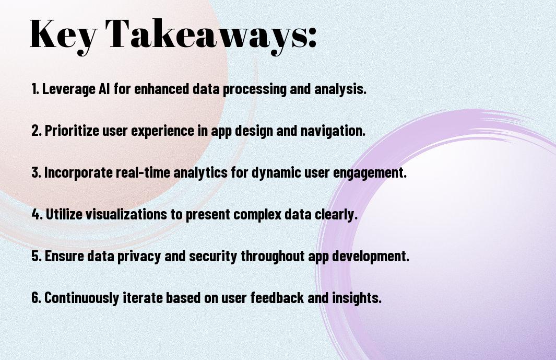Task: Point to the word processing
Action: click(254, 89)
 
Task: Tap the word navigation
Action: click(333, 131)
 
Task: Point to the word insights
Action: click(357, 297)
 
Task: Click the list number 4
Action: click(37, 214)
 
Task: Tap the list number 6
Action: click(36, 297)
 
